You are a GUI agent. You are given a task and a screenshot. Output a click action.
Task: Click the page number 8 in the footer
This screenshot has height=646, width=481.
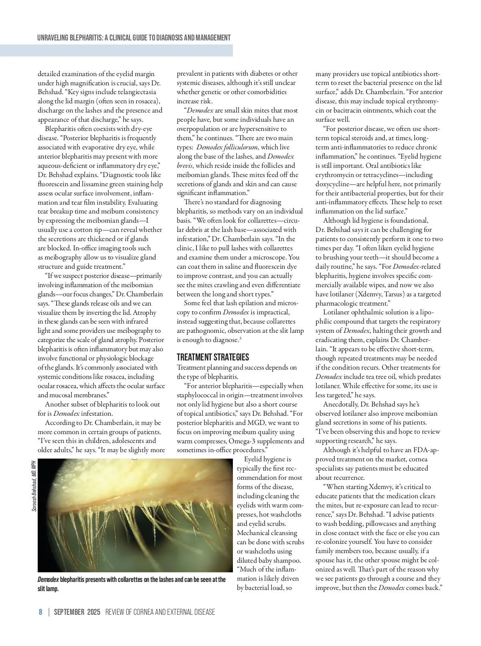(x=40, y=612)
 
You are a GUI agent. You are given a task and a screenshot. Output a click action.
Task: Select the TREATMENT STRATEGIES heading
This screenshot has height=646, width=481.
(x=213, y=357)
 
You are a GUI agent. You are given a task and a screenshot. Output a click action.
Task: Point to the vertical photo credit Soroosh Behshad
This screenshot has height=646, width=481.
(x=34, y=486)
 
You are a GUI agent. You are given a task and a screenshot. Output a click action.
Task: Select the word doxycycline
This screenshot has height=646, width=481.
(x=335, y=184)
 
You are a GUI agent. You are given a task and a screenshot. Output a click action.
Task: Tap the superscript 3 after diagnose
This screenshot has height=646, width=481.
(x=240, y=339)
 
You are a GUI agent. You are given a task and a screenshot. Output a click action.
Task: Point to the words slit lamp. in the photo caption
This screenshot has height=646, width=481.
(x=48, y=589)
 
